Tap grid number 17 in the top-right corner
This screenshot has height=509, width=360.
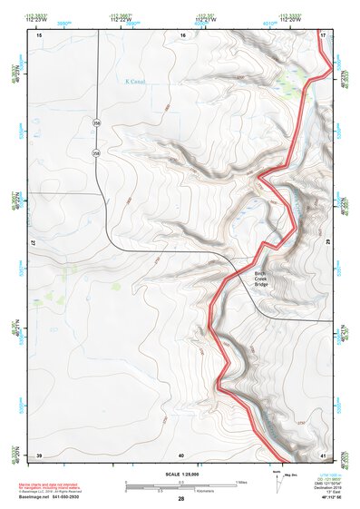pyautogui.click(x=324, y=34)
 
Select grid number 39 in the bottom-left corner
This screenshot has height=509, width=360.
pyautogui.click(x=39, y=454)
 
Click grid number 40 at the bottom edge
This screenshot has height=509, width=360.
pyautogui.click(x=181, y=454)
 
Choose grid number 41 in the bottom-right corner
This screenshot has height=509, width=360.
pyautogui.click(x=324, y=454)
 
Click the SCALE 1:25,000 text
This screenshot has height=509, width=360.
pyautogui.click(x=180, y=474)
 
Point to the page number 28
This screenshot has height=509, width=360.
pyautogui.click(x=180, y=499)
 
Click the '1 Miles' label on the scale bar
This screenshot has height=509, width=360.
pyautogui.click(x=241, y=481)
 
